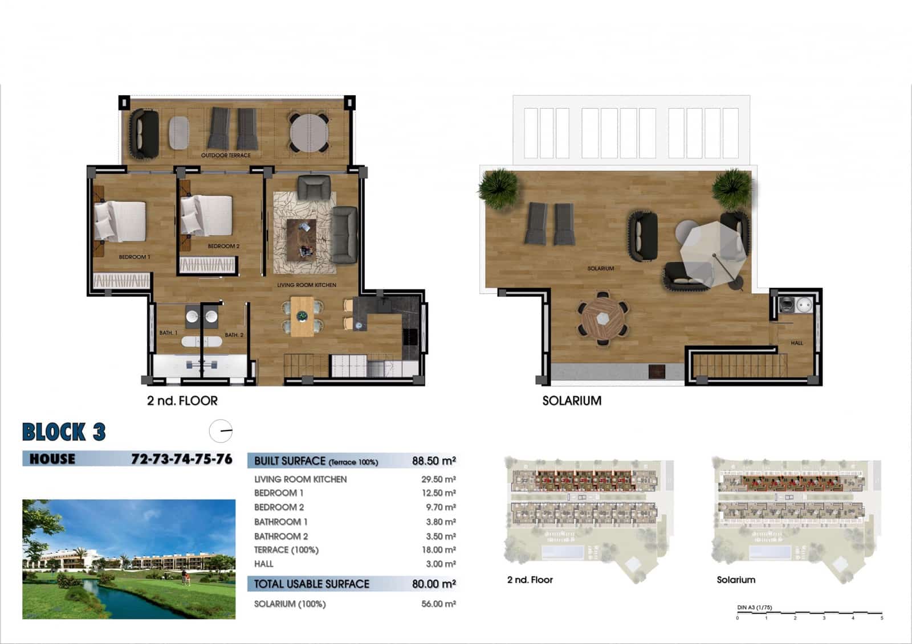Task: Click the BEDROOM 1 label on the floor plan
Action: (135, 257)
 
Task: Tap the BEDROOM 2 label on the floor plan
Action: (223, 247)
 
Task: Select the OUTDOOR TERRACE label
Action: (226, 155)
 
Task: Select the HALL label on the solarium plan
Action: (796, 343)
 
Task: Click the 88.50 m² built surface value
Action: (433, 461)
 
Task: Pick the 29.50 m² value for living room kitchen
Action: (438, 479)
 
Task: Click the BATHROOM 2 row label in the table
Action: (281, 536)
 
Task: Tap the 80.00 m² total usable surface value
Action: (433, 584)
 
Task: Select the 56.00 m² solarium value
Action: (438, 604)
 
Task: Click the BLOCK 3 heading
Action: (64, 432)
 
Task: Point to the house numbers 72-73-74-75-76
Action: (181, 459)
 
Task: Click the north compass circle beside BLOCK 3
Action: (221, 431)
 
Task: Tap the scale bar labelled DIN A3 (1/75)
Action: (809, 613)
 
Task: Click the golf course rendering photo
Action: (129, 559)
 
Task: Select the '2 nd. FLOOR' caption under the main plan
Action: (182, 401)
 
